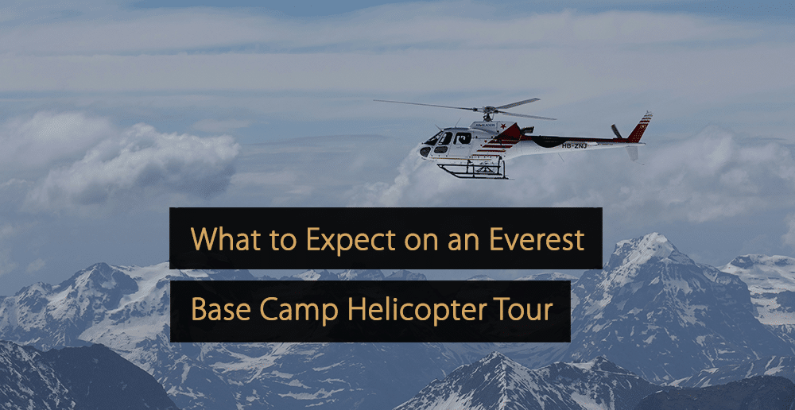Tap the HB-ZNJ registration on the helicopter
[x=575, y=145]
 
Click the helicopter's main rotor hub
[x=487, y=110]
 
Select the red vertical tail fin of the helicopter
[x=639, y=126]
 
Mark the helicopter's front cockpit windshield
[x=434, y=137]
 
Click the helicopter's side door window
[x=462, y=137]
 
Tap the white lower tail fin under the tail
[x=632, y=153]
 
